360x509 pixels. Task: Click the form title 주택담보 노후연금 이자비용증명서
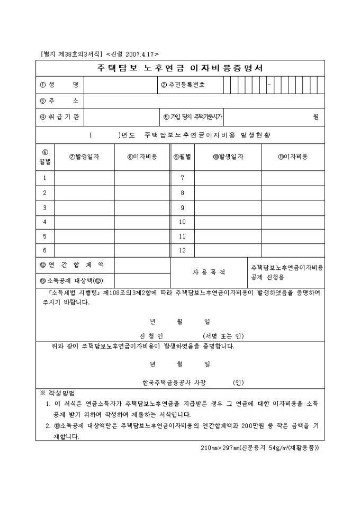[x=180, y=68]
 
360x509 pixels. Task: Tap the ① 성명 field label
[x=59, y=85]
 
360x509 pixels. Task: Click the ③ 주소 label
[x=59, y=101]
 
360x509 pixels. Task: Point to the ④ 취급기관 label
[x=59, y=116]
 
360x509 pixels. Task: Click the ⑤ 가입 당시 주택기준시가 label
[x=192, y=116]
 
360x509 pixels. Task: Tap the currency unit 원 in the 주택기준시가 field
[x=316, y=117]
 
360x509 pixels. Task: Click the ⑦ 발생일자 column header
[x=84, y=157]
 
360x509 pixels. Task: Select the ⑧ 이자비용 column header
[x=142, y=157]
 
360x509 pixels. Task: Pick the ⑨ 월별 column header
[x=182, y=157]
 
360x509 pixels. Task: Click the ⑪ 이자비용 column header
[x=293, y=157]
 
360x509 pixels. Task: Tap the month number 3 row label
[x=45, y=207]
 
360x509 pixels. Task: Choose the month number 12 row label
[x=183, y=250]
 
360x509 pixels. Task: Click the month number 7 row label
[x=183, y=178]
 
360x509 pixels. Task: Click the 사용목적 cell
[x=209, y=272]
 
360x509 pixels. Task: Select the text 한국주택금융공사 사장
[x=174, y=382]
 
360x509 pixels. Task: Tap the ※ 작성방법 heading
[x=58, y=394]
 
